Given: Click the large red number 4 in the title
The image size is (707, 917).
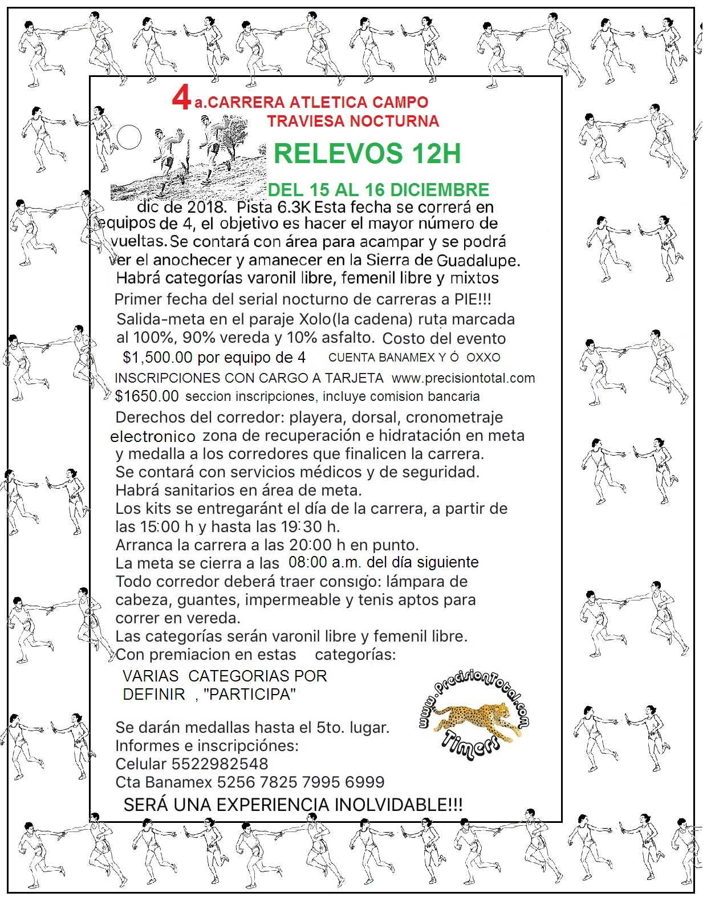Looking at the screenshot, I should tap(181, 98).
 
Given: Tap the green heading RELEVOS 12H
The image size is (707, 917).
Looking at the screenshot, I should tap(367, 153).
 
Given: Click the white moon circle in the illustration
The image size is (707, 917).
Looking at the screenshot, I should tap(129, 137).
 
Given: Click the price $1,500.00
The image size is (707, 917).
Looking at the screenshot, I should tap(157, 358).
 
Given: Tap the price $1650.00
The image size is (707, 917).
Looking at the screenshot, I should tap(147, 396).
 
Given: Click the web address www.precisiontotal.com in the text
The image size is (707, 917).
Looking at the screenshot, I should tap(463, 378).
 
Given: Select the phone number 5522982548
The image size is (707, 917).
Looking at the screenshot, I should tap(220, 764).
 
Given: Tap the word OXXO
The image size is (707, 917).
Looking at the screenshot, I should tap(483, 358).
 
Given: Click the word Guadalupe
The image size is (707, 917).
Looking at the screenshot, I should tap(477, 261).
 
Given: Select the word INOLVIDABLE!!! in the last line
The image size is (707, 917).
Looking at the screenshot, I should tap(398, 805).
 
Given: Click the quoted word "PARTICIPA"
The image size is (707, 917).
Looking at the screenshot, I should tap(249, 695).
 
